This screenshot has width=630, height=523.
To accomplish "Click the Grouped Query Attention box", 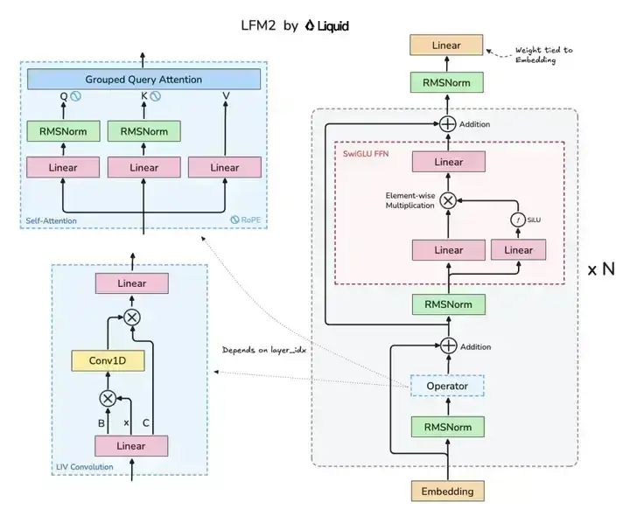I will point(143,80).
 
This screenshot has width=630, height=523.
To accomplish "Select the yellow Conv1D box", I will point(108,359).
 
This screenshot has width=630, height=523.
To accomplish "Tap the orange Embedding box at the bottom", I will point(448,491).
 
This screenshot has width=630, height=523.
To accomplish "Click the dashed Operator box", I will point(447,386).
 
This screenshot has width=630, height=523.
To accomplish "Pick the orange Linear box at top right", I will point(447,45).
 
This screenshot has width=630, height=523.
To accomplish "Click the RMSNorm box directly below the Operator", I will point(447,427).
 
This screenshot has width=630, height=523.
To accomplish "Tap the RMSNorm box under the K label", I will point(143,132).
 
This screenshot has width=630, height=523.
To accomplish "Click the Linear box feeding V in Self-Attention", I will point(225,167).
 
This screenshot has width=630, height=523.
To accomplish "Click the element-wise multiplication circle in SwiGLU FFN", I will point(448,199).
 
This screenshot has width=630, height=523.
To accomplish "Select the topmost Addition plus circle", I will point(448,124).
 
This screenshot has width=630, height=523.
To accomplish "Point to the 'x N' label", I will point(600,269).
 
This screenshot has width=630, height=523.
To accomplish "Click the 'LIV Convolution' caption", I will point(83,467).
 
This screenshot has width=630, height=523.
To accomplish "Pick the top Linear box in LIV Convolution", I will point(132,283).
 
